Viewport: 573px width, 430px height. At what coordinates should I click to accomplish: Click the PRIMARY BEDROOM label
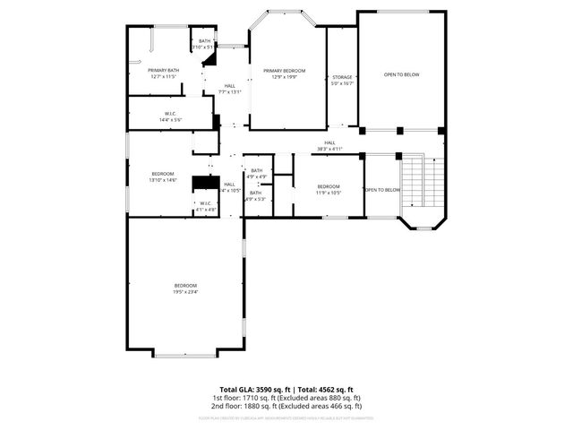(283, 70)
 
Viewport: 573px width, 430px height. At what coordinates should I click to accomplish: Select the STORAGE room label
(342, 78)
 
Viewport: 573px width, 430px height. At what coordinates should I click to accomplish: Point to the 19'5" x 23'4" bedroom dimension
(185, 291)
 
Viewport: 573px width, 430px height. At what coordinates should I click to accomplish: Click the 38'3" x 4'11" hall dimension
(329, 149)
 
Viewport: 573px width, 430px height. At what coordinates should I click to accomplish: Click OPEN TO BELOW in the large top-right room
(401, 74)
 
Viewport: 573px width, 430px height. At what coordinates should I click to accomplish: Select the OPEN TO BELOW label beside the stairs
(381, 190)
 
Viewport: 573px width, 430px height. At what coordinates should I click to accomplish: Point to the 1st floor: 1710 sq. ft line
(286, 398)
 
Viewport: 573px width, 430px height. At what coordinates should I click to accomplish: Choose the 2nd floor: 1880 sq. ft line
(286, 406)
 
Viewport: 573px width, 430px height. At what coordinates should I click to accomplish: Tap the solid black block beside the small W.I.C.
(207, 183)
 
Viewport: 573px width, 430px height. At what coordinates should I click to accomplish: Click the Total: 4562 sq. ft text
(324, 389)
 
